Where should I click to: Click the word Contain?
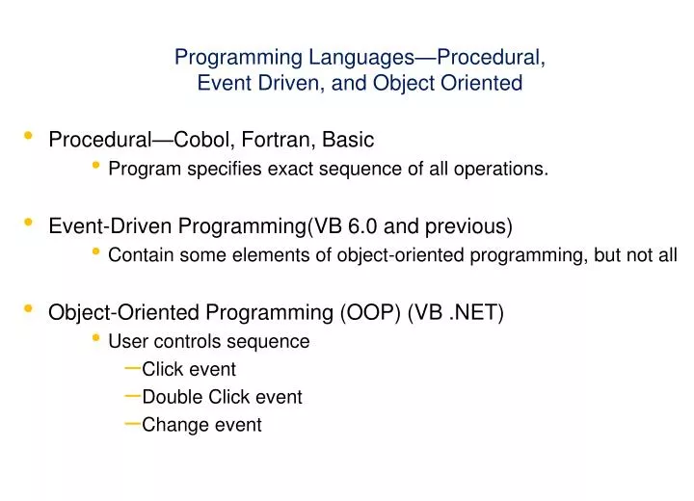pyautogui.click(x=138, y=255)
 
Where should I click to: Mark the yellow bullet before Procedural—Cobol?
pyautogui.click(x=28, y=136)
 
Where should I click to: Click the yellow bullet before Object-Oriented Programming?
pyautogui.click(x=28, y=308)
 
